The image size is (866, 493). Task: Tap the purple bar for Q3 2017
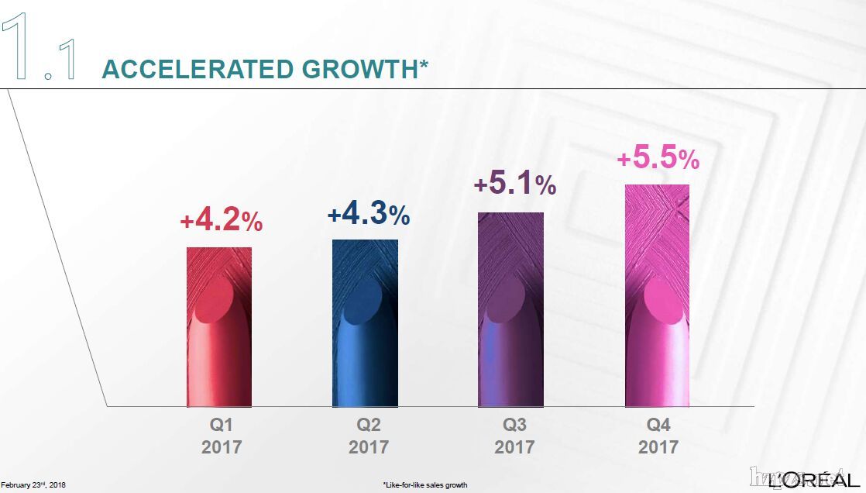coord(510,309)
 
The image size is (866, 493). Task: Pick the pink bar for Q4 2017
coord(657,295)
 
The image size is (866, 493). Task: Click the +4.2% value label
coord(221,221)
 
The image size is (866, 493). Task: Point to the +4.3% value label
coord(368,215)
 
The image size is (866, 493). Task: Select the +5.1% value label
coord(514,184)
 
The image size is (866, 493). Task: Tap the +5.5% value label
coord(658,158)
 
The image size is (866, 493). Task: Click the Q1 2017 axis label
coord(222,436)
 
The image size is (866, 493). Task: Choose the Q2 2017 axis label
coord(369,436)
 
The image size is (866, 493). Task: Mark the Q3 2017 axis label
coord(514,436)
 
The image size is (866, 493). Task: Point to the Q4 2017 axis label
coord(658,436)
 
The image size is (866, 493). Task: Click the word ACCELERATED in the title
coord(198,69)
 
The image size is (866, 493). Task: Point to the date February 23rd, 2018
coord(33,484)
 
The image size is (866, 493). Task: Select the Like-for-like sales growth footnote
coord(424,484)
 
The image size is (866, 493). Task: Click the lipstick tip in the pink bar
coord(666,298)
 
